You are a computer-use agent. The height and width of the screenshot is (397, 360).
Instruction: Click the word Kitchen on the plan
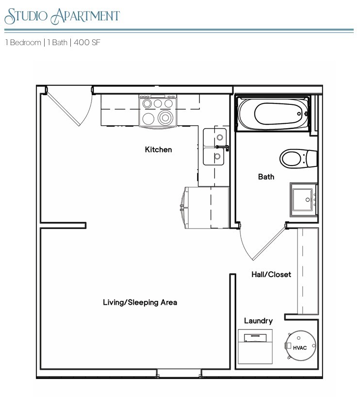[x=158, y=149]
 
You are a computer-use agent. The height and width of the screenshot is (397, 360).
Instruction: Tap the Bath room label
[x=266, y=177]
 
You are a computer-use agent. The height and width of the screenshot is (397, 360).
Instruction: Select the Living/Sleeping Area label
[x=140, y=302]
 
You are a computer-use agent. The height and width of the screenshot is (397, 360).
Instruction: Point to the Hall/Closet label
[x=271, y=274]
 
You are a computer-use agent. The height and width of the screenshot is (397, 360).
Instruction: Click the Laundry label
[x=258, y=321]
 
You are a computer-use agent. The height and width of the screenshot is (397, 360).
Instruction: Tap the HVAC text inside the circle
[x=300, y=347]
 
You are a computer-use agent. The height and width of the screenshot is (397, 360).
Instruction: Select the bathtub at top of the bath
[x=273, y=114]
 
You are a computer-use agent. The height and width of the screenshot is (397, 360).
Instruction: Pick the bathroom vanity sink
[x=303, y=199]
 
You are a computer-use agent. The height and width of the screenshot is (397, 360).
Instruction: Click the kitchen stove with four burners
[x=159, y=111]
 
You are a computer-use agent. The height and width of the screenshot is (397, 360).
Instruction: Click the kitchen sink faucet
[x=222, y=147]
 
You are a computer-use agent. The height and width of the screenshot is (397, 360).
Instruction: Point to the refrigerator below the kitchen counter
[x=205, y=207]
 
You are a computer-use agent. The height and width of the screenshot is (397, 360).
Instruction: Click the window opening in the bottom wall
[x=179, y=374]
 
